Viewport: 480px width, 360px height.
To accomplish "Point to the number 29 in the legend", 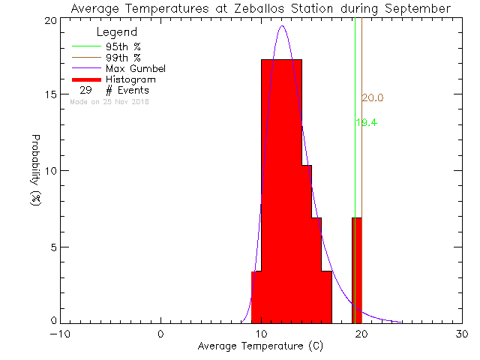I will coord(85,90).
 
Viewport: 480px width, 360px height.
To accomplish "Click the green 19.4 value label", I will coord(366,122).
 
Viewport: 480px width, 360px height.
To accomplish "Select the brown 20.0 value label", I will coord(372,98).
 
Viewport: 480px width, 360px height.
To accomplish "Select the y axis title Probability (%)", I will coord(35,171).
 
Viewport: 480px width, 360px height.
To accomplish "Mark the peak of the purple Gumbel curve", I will coord(282,26).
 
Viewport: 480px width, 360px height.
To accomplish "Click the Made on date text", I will coord(109,101).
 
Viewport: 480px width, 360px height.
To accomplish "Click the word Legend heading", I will coord(117,32).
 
